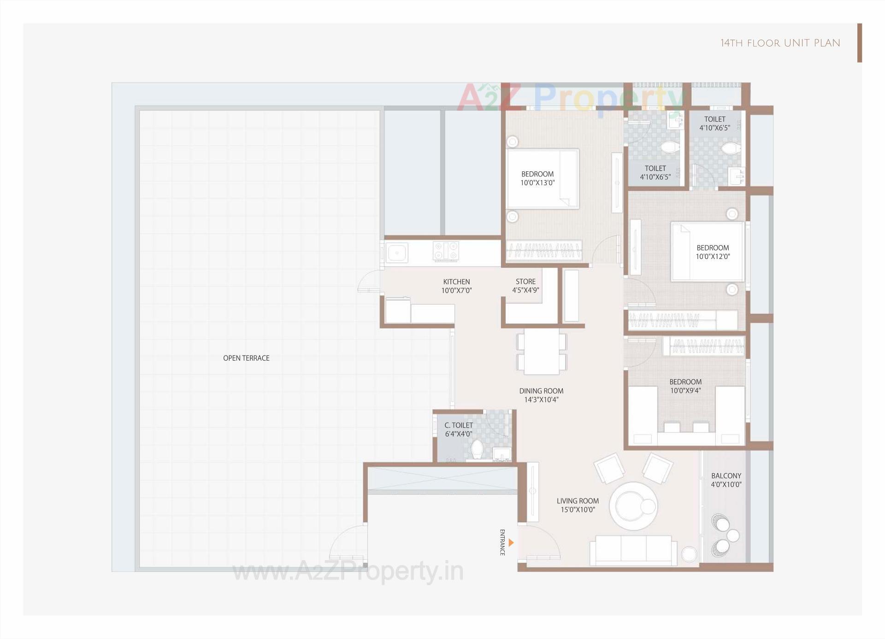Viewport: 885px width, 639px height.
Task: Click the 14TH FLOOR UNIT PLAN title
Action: tap(780, 43)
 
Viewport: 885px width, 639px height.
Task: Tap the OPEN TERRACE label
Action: tap(246, 358)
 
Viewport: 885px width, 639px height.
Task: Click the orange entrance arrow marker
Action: tap(511, 543)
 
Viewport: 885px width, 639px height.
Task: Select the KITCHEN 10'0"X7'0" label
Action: tap(456, 286)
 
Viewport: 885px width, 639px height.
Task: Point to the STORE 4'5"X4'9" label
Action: tap(525, 286)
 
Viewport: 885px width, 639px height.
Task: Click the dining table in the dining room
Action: tap(542, 351)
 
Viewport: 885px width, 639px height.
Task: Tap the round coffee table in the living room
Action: tap(633, 506)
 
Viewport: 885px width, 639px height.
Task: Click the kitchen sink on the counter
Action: tap(396, 252)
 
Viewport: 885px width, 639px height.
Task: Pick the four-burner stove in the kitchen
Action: tap(446, 252)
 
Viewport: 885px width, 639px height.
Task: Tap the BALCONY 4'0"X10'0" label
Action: tap(726, 480)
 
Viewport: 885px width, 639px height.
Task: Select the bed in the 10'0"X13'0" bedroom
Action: tap(543, 179)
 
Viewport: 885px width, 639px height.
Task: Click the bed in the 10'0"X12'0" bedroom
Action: tap(707, 252)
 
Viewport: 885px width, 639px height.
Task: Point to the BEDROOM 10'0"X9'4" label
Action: tap(685, 386)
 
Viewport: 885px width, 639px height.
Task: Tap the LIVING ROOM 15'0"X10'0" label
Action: tap(578, 505)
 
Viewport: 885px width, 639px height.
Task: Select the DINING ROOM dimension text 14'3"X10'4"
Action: tap(541, 399)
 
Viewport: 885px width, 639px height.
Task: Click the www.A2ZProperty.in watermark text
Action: tap(348, 572)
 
